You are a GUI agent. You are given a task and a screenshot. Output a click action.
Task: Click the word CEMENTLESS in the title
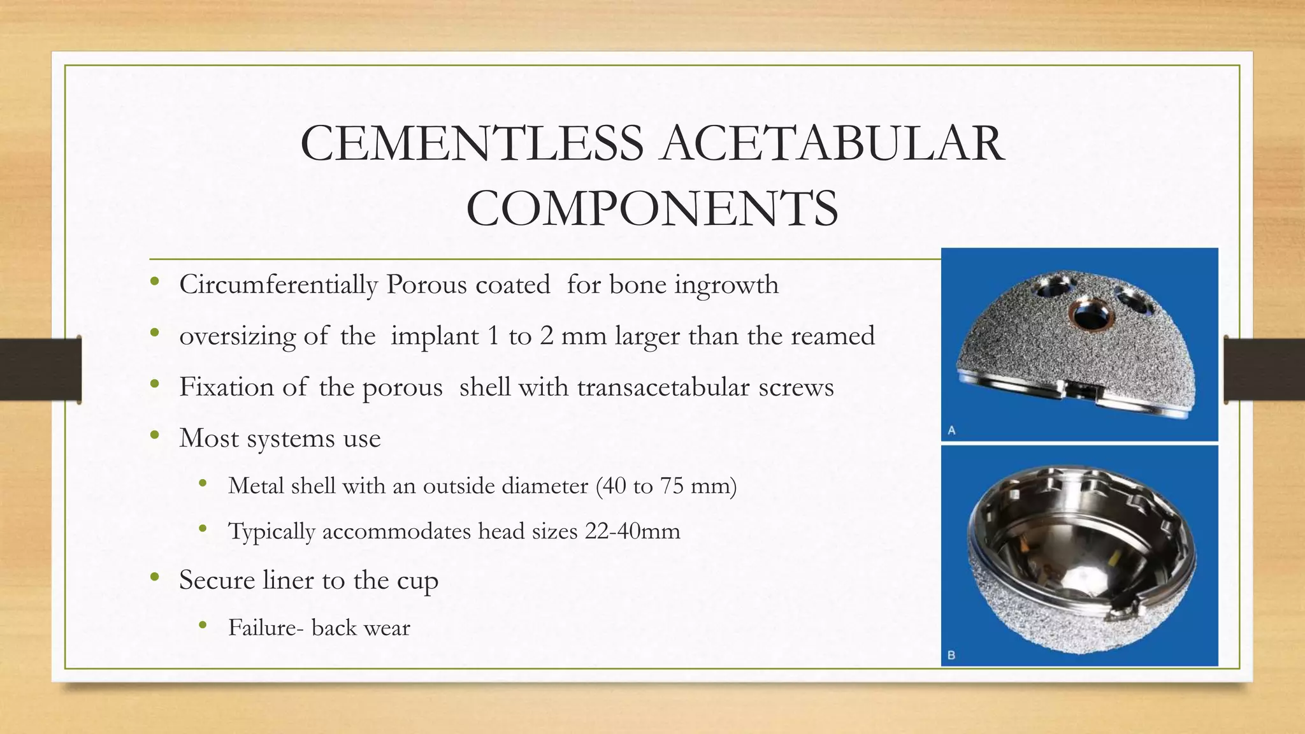pyautogui.click(x=472, y=143)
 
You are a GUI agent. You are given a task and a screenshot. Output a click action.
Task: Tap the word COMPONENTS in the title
pyautogui.click(x=652, y=208)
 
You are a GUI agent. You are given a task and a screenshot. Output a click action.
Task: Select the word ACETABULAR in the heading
pyautogui.click(x=832, y=143)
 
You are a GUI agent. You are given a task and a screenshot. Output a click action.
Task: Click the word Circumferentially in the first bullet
pyautogui.click(x=278, y=285)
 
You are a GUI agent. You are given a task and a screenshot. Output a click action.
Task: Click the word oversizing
pyautogui.click(x=236, y=336)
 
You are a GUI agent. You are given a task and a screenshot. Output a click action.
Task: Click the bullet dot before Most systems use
pyautogui.click(x=154, y=436)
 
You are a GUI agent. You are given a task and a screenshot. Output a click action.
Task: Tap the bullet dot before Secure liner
pyautogui.click(x=154, y=578)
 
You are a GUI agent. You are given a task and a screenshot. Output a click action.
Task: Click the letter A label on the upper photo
pyautogui.click(x=951, y=431)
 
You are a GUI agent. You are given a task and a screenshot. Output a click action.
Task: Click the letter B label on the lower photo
pyautogui.click(x=951, y=654)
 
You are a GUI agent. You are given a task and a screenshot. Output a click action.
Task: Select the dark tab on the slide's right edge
pyautogui.click(x=1264, y=370)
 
